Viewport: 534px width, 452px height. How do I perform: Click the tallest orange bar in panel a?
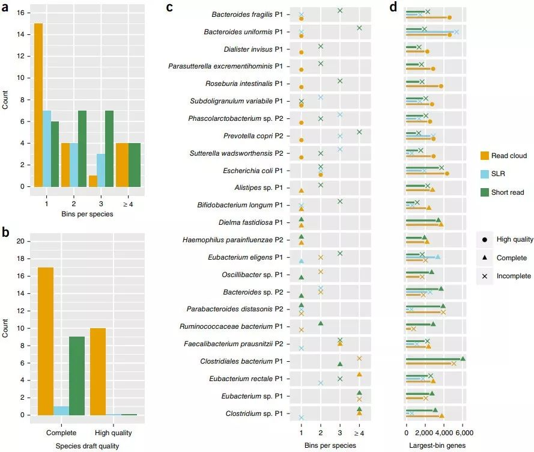click(38, 105)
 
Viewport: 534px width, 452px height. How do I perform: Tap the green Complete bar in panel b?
click(77, 375)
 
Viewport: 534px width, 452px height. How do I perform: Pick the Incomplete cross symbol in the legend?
click(484, 276)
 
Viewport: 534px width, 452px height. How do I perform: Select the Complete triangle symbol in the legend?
click(484, 258)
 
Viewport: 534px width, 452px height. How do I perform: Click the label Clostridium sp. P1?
click(254, 414)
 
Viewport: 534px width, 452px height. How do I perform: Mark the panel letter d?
click(393, 8)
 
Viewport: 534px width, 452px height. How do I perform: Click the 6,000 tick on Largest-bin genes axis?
click(463, 433)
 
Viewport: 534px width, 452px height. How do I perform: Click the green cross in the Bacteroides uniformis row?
click(359, 28)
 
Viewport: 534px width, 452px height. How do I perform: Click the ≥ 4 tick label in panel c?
click(359, 433)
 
